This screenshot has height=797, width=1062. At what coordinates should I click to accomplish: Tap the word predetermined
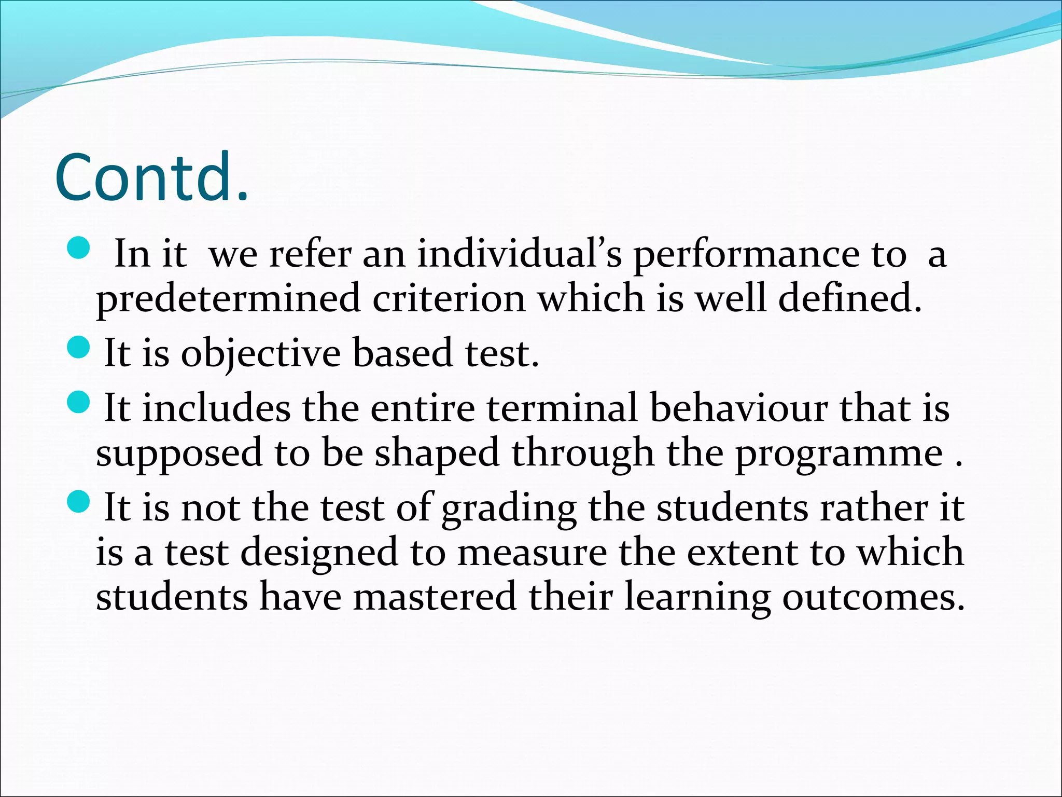(228, 299)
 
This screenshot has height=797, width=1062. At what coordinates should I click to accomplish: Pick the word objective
(260, 354)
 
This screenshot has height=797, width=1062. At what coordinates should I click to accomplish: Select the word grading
(509, 509)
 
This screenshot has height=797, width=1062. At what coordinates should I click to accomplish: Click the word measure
(532, 552)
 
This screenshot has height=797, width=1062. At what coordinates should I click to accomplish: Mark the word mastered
(435, 597)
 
